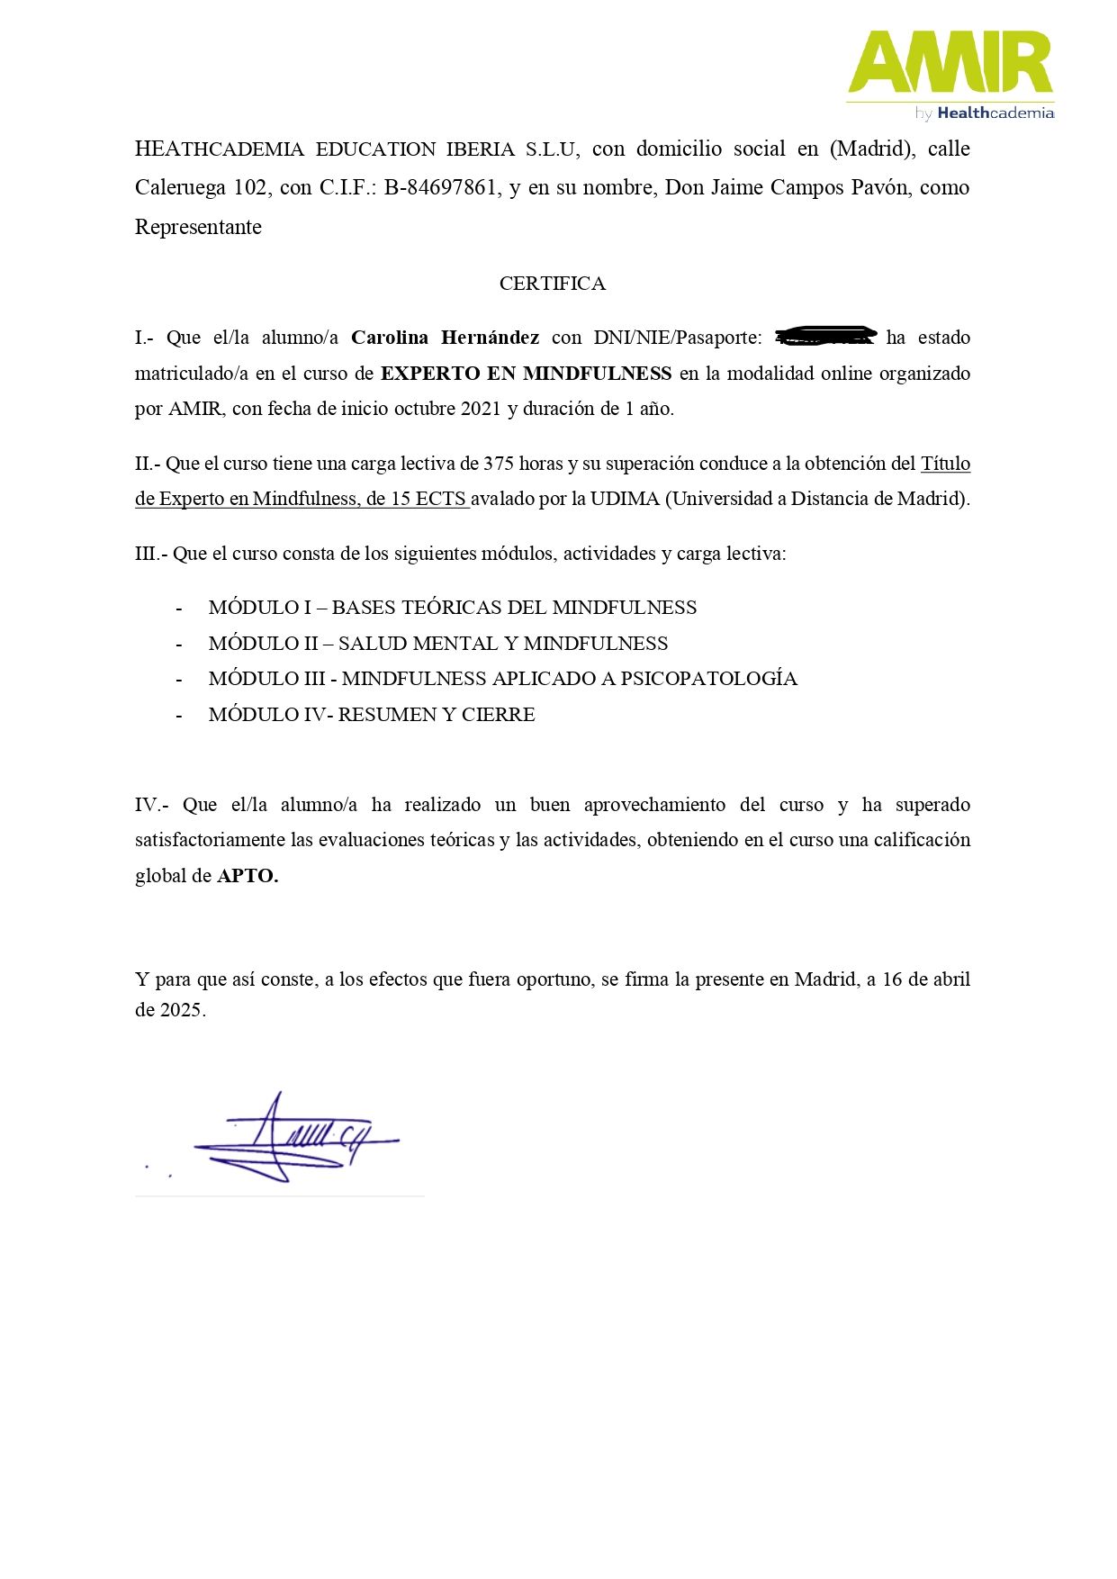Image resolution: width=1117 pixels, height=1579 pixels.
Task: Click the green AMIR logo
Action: pyautogui.click(x=950, y=62)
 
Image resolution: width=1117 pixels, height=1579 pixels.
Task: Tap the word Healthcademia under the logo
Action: pyautogui.click(x=995, y=113)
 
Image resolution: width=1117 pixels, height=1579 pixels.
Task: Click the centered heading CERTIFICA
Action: pyautogui.click(x=552, y=284)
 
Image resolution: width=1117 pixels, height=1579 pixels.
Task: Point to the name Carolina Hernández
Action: pyautogui.click(x=445, y=338)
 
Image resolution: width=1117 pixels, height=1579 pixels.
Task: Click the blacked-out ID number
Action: pyautogui.click(x=825, y=337)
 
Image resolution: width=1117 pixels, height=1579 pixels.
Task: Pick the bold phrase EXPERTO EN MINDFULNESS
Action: pyautogui.click(x=526, y=374)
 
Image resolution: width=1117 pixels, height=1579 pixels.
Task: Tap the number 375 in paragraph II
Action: pyautogui.click(x=499, y=464)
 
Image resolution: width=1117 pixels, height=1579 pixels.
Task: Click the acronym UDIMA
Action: pyautogui.click(x=625, y=499)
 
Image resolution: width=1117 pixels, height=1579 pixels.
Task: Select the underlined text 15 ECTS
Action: pyautogui.click(x=428, y=499)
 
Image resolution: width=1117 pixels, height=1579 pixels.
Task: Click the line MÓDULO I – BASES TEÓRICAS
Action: pyautogui.click(x=452, y=608)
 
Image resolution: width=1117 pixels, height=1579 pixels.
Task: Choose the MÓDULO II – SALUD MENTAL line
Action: pyautogui.click(x=437, y=644)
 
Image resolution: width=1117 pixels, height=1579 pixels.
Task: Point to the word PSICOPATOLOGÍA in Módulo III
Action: pyautogui.click(x=708, y=679)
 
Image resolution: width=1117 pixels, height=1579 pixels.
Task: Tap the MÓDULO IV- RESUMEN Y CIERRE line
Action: pyautogui.click(x=371, y=715)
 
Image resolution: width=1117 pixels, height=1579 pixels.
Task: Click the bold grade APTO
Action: pyautogui.click(x=248, y=876)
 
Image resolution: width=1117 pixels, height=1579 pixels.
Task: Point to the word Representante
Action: pyautogui.click(x=198, y=228)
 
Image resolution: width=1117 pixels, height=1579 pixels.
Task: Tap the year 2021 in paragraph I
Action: pyautogui.click(x=480, y=409)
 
